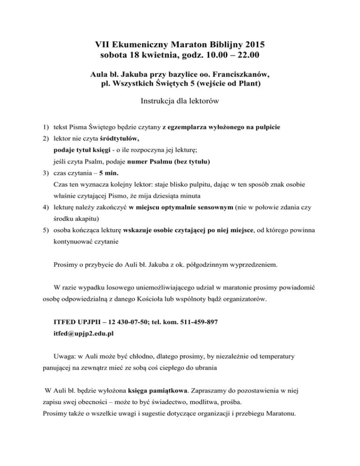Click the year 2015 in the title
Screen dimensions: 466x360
point(253,45)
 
